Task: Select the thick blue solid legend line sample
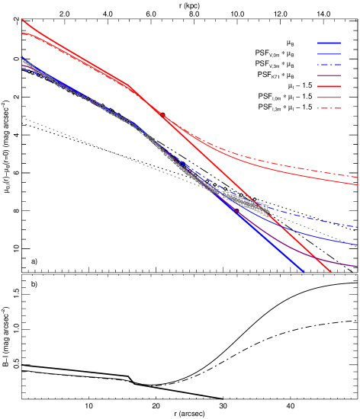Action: [x=329, y=43]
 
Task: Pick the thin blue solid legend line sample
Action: [x=329, y=54]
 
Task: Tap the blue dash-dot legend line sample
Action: [x=329, y=65]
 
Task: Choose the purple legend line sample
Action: [x=329, y=75]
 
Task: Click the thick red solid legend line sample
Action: [x=329, y=87]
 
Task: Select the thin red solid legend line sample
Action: [x=329, y=98]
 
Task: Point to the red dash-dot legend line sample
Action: [x=329, y=108]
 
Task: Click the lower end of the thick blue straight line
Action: [x=304, y=271]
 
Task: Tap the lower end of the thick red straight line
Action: [x=330, y=271]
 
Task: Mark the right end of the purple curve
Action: [x=357, y=267]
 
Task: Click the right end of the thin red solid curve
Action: [x=357, y=184]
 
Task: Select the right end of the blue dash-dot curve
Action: [x=357, y=226]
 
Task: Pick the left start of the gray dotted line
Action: [x=22, y=117]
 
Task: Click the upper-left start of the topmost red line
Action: [x=21, y=19]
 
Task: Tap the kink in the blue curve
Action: [x=133, y=122]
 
